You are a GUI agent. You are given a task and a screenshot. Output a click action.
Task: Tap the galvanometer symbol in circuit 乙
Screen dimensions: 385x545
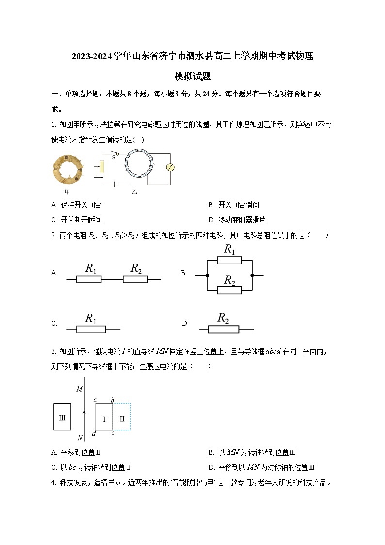(x=170, y=167)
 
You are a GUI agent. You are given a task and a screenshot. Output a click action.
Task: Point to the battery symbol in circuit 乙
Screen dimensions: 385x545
(x=115, y=184)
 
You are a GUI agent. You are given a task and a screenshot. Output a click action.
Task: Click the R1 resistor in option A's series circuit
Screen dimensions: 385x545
(x=89, y=279)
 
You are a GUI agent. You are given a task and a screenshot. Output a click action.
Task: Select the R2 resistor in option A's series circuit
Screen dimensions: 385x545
(x=135, y=279)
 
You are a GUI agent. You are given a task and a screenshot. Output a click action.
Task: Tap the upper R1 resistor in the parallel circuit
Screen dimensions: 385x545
(x=229, y=260)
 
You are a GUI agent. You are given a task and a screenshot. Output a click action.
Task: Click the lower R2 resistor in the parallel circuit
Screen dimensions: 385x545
(x=229, y=290)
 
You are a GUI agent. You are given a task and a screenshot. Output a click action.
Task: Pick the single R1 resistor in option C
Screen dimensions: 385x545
(x=91, y=330)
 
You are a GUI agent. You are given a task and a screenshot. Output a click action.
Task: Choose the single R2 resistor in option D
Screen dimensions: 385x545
(x=224, y=330)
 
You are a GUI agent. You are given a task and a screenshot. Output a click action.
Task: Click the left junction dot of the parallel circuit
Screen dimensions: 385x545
(x=207, y=275)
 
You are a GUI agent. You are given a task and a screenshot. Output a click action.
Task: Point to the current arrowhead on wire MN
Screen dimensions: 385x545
(x=85, y=412)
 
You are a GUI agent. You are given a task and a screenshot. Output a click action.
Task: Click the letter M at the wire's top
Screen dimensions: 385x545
(x=80, y=389)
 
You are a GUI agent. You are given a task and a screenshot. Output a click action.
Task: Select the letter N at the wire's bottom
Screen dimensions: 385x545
(x=80, y=438)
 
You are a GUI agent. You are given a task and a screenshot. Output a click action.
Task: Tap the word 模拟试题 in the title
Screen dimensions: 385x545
(x=192, y=76)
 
